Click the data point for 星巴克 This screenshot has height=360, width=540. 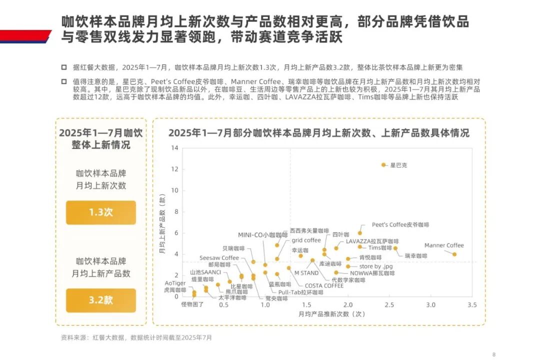pos(383,165)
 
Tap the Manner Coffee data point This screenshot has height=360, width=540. pos(454,254)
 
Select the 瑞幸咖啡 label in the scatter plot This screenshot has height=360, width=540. pos(416,256)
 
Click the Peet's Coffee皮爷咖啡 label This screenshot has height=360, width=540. pos(400,225)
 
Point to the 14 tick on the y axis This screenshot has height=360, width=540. pos(174,147)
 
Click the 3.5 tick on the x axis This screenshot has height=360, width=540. pos(471,304)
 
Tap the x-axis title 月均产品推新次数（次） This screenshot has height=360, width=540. pos(331,314)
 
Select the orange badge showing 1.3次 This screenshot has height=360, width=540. pos(101,212)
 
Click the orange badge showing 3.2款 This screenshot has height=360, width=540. pos(101,300)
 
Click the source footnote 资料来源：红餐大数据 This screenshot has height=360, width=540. pos(136,337)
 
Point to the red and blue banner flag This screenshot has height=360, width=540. pos(25,36)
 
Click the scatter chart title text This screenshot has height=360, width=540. pos(318,133)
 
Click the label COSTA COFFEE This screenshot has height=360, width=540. pos(324,285)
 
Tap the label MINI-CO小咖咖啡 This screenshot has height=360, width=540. pos(262,234)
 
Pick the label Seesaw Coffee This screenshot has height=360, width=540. pos(219,258)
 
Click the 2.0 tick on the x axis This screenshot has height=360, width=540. pos(347,304)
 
